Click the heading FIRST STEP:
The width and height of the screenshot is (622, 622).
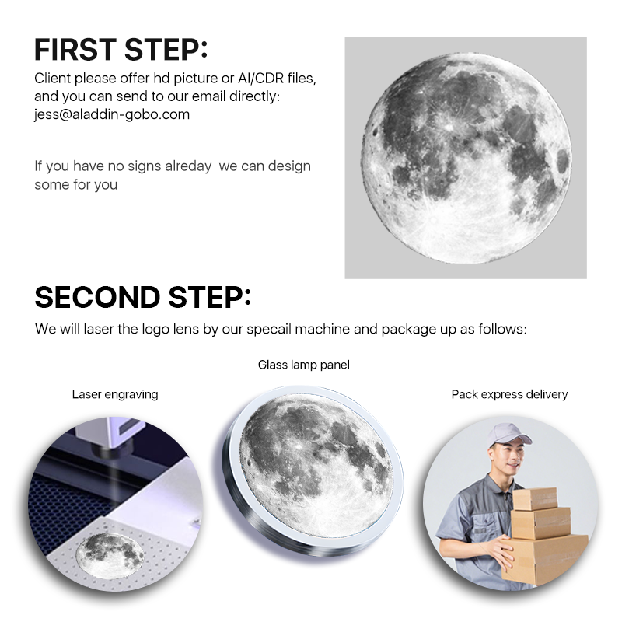click(x=121, y=50)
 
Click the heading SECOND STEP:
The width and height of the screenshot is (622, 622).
click(x=143, y=297)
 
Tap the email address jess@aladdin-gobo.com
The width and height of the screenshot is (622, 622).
click(x=112, y=114)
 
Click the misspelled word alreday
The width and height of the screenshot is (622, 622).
click(x=188, y=166)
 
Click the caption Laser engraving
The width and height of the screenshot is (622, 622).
click(x=115, y=395)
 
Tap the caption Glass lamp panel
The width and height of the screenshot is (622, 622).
click(x=304, y=365)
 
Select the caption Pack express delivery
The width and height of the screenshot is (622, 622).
click(x=510, y=395)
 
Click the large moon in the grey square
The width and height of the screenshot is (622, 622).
click(x=466, y=159)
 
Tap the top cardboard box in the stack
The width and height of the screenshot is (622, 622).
click(x=535, y=498)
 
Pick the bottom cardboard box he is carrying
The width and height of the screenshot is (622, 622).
click(x=545, y=560)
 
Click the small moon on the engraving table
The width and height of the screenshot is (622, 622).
click(x=110, y=552)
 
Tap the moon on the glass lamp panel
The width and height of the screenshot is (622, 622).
click(x=316, y=467)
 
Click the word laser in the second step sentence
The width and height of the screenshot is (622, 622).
click(x=99, y=329)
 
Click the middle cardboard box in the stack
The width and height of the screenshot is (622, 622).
click(x=540, y=523)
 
